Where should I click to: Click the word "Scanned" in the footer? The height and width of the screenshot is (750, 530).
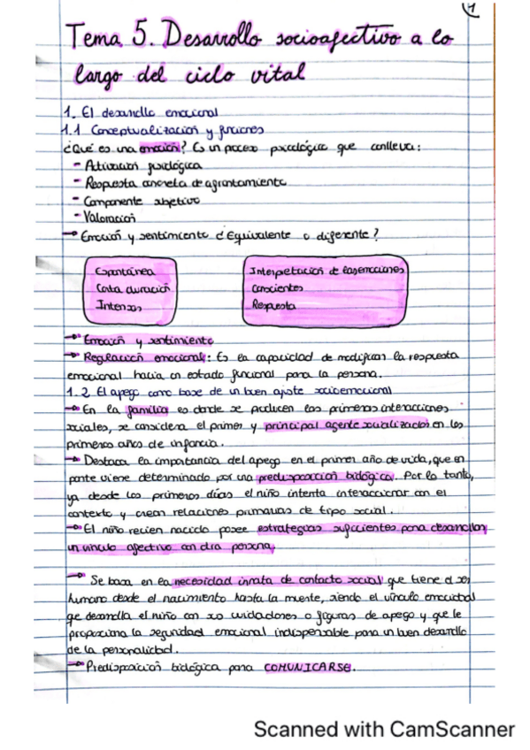293,729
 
